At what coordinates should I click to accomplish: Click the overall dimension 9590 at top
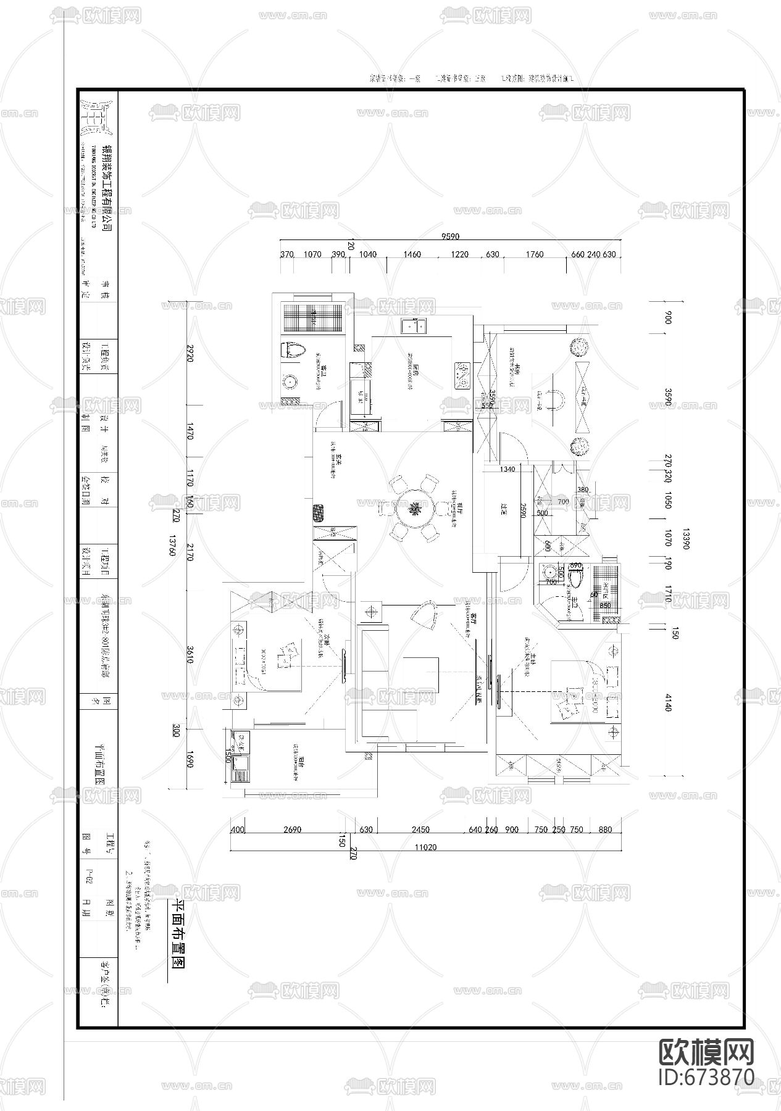(450, 236)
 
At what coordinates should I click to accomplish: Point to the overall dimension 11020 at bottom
(425, 847)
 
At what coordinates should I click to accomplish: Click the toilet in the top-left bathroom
(293, 349)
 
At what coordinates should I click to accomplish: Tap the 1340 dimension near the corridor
(507, 469)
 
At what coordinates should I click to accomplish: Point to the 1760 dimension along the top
(535, 254)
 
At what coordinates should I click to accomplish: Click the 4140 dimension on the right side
(667, 702)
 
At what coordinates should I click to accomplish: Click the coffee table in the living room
(421, 675)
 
